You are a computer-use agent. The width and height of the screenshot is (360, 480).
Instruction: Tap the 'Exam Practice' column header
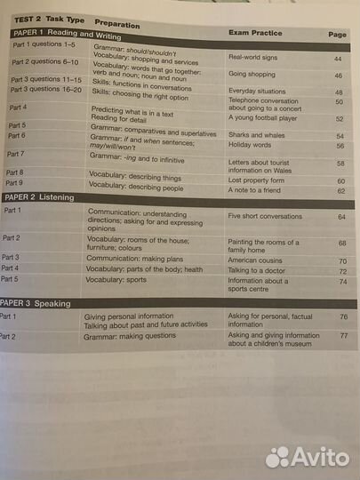(x=255, y=33)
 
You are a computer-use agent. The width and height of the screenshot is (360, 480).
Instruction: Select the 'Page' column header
(x=337, y=35)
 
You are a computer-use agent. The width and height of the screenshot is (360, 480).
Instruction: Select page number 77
(x=343, y=337)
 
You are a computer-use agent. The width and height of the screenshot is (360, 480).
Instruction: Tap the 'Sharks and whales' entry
(x=256, y=134)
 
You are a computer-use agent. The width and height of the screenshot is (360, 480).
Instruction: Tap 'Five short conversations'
(x=266, y=216)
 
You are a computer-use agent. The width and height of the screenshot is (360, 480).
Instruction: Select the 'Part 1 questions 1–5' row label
(x=44, y=43)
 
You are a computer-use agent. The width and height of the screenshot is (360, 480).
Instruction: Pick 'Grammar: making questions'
(x=132, y=338)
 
